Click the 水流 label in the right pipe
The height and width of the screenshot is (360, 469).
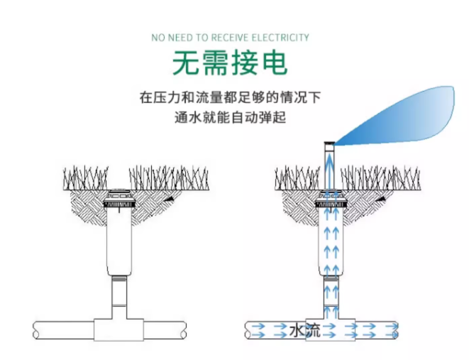(306, 330)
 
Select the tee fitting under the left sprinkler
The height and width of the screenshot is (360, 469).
(119, 329)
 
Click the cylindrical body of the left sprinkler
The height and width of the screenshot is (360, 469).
(118, 241)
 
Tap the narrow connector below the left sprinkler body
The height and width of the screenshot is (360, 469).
(118, 295)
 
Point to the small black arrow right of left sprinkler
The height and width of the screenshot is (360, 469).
(167, 202)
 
